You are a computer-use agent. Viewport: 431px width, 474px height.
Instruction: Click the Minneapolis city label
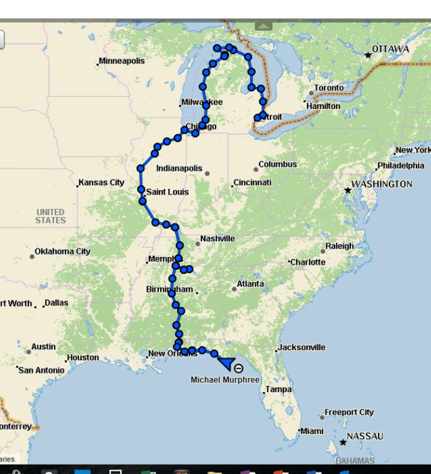122,61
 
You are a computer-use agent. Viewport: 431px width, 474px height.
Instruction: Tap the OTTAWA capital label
390,49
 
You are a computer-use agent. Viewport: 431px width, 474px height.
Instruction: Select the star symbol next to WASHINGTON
347,189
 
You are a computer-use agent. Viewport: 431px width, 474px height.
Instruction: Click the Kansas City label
101,183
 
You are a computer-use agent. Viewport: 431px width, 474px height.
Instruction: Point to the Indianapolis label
179,169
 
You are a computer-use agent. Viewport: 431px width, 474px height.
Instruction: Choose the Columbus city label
278,164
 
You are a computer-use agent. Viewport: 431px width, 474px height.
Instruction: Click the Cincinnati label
253,183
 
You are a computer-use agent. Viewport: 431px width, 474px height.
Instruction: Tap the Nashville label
217,239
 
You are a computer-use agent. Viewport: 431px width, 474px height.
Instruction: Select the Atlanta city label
250,284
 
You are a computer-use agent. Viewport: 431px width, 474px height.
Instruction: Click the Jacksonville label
302,347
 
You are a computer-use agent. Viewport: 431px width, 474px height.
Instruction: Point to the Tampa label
279,390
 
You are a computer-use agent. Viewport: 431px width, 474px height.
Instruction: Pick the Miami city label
312,431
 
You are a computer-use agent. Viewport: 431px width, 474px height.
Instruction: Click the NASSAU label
365,436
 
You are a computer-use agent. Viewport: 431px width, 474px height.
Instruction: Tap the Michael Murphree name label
225,380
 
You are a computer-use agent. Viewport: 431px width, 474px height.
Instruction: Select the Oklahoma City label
62,251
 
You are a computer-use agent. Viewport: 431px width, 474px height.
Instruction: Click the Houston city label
83,358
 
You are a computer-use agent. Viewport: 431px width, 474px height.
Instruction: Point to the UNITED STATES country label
50,216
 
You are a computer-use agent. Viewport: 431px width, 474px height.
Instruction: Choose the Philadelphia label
401,166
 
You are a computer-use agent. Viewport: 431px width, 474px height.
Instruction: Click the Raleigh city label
340,246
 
